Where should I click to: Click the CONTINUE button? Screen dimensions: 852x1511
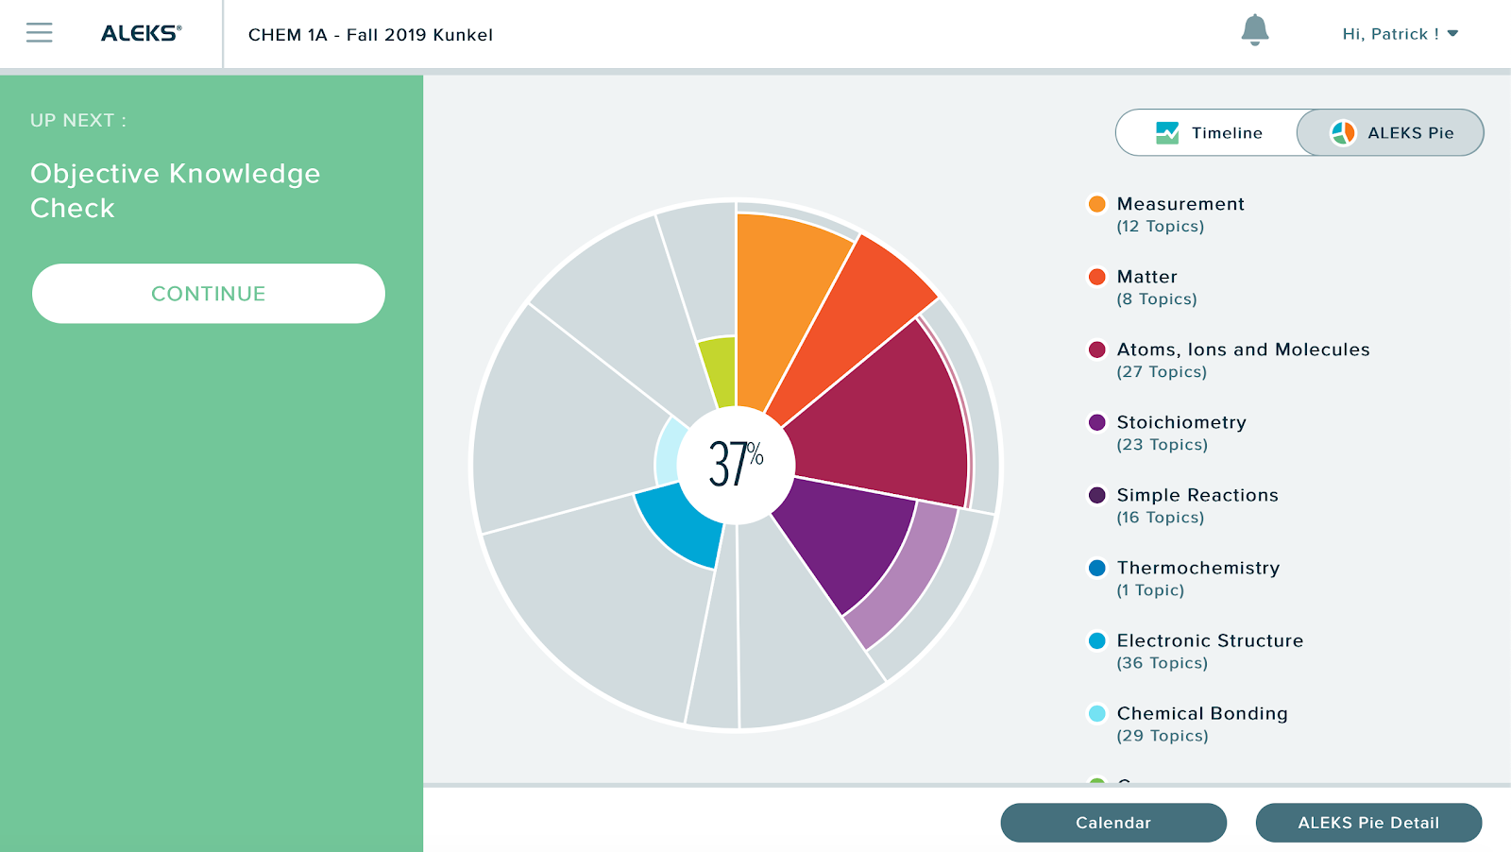209,294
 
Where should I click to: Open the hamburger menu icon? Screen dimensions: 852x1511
39,33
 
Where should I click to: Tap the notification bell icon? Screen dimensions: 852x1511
1254,30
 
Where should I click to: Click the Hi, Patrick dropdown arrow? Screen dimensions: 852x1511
1452,34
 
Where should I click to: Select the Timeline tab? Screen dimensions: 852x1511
1208,133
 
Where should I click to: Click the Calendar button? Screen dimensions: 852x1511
1113,823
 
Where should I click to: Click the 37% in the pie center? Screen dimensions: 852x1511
736,464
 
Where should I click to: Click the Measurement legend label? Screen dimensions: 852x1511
1180,204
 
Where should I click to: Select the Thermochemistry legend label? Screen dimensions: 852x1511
1198,568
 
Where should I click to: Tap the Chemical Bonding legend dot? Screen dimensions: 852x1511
1096,713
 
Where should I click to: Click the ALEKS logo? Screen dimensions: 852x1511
141,33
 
